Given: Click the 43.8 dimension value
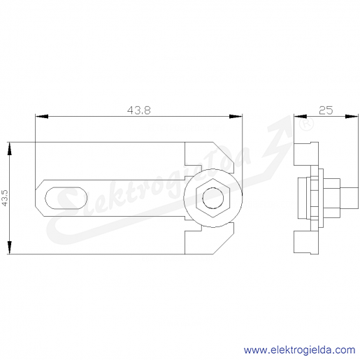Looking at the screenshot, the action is [139, 110].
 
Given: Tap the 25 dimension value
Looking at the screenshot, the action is [326, 110].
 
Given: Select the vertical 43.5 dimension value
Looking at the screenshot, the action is [5, 198].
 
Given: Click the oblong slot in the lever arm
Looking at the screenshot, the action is [66, 198].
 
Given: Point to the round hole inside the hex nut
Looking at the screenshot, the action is [213, 198].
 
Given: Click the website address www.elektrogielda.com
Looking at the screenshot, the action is [299, 350].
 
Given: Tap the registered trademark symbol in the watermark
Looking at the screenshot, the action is [306, 124].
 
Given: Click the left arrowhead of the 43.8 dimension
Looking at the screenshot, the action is [42, 116].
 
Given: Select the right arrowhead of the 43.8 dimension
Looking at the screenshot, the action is [236, 116].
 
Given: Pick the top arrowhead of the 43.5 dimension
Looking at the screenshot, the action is [9, 148].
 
